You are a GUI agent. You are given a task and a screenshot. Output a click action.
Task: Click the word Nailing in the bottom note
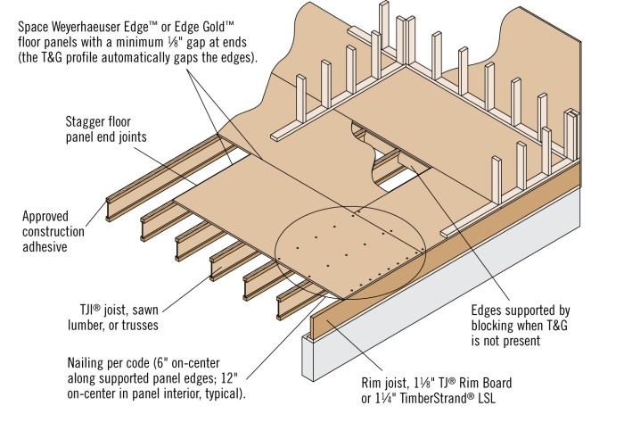point(93,363)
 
